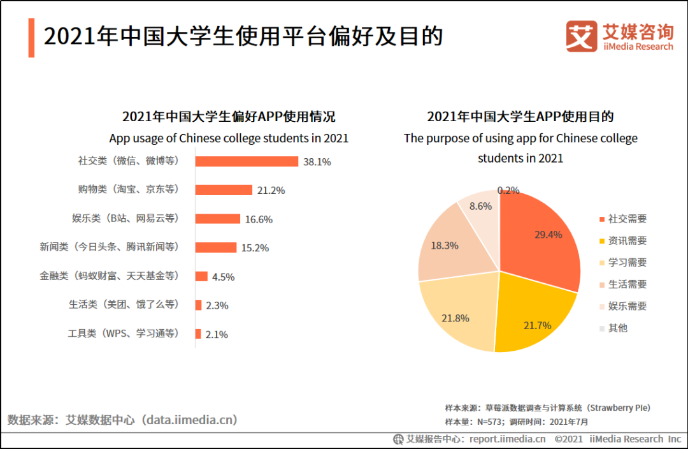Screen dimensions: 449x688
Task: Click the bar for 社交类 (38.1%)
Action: [247, 161]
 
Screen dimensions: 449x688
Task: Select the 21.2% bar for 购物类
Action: [224, 190]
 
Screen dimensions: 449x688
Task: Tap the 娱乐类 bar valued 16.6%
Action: [217, 219]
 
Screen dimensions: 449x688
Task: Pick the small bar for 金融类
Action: [201, 276]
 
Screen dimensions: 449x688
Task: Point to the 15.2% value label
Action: [255, 248]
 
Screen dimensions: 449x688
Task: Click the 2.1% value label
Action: [217, 334]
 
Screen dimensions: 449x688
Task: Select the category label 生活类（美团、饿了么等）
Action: [124, 305]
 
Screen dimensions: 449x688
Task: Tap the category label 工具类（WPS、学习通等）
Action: [124, 334]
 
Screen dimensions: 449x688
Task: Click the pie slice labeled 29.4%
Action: [541, 239]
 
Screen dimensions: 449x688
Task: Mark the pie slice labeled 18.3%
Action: [446, 249]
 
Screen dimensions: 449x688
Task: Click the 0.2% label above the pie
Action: [508, 190]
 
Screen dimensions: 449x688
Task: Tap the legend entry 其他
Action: [617, 328]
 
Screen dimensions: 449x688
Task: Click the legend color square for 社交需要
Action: [602, 219]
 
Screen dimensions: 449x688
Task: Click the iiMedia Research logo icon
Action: [581, 36]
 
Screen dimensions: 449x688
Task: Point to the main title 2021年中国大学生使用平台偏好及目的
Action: [243, 36]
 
